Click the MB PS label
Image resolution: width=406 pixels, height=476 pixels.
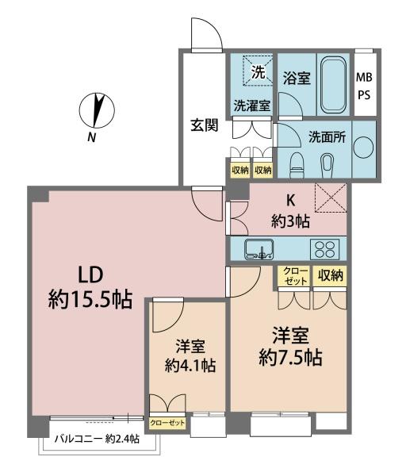[364, 85]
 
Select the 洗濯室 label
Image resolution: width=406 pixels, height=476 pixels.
[251, 106]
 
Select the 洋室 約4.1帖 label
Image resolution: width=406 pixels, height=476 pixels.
[190, 356]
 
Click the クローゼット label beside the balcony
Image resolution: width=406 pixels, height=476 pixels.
[167, 422]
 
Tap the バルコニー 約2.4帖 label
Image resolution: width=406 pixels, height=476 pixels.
[97, 438]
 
